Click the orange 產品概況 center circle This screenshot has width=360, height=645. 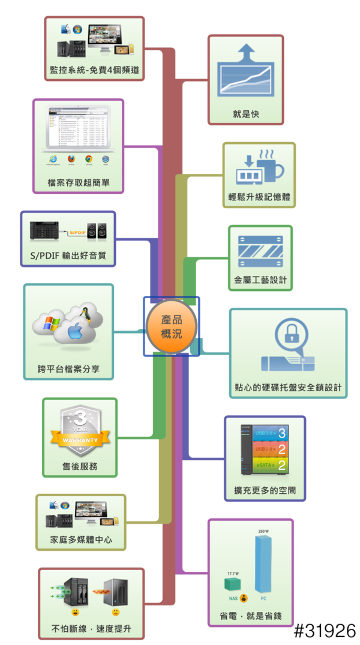pyautogui.click(x=172, y=327)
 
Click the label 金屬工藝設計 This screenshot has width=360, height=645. pyautogui.click(x=260, y=280)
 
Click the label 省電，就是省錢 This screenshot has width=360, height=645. pyautogui.click(x=250, y=616)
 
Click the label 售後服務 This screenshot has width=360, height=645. pyautogui.click(x=80, y=466)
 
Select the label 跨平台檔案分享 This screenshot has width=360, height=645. pyautogui.click(x=68, y=370)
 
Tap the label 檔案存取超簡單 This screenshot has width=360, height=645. pyautogui.click(x=78, y=182)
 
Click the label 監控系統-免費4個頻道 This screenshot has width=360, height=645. pyautogui.click(x=95, y=70)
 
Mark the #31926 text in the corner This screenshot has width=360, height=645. pyautogui.click(x=325, y=631)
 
